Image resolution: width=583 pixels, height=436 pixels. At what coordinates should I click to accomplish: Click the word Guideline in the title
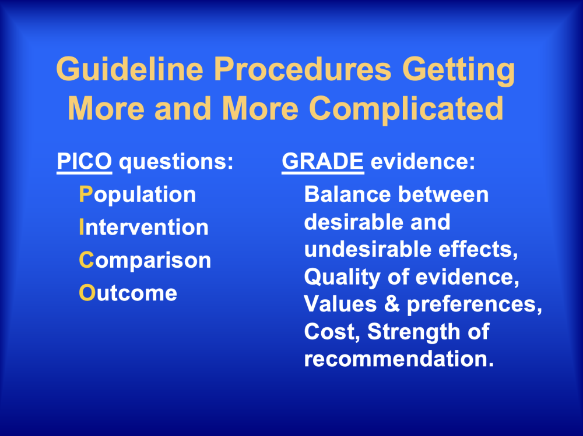130,69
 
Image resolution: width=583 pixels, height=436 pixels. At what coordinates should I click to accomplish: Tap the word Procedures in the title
303,69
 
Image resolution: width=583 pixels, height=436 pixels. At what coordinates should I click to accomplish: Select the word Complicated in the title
406,108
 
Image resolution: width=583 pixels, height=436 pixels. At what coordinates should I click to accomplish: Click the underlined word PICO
85,161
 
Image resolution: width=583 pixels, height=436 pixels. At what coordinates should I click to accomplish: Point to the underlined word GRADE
323,161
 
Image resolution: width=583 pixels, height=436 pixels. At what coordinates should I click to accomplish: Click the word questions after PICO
176,162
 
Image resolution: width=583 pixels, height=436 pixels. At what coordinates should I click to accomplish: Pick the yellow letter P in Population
86,194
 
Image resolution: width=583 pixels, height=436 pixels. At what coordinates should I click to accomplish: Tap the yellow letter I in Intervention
82,227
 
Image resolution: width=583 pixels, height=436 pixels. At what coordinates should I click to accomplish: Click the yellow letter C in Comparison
87,260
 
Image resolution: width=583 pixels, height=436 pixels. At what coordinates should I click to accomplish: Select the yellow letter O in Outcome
87,293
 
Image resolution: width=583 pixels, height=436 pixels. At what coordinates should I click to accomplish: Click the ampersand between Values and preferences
392,304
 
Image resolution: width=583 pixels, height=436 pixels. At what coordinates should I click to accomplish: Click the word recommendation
399,359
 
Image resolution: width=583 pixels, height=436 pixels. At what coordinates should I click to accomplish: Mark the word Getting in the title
458,69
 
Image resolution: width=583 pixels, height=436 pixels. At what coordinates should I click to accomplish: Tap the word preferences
475,304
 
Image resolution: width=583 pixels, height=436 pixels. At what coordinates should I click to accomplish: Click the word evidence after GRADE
423,162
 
